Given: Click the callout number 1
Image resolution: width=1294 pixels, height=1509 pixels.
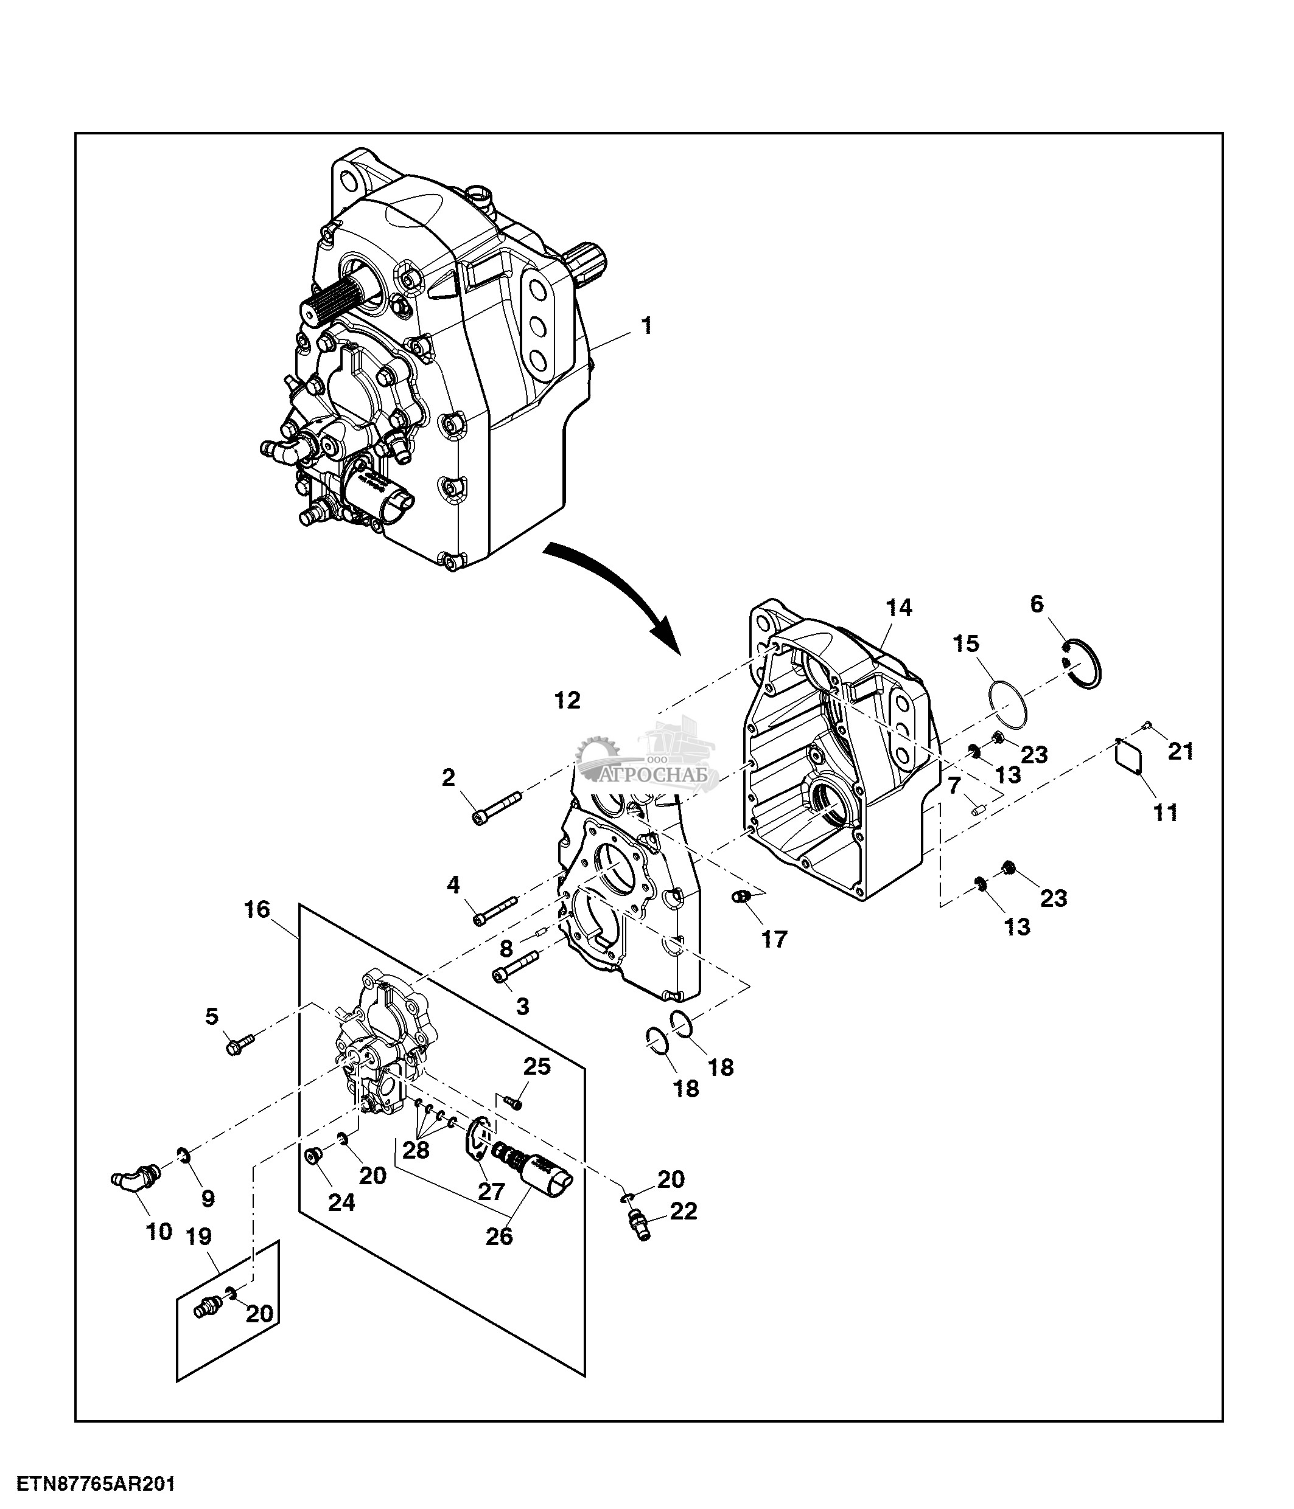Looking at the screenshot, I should (x=646, y=325).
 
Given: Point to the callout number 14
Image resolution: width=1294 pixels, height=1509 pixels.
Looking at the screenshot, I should (x=898, y=608).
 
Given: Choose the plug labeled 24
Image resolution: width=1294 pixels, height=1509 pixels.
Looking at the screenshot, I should (x=315, y=1156).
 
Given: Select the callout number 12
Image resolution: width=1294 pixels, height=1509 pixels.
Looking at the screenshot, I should (x=567, y=701).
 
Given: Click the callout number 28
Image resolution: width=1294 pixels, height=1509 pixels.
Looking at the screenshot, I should (x=416, y=1150).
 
